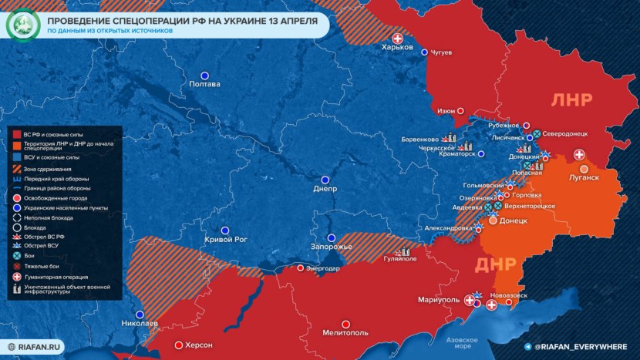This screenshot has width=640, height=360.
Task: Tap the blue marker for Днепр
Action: click(x=325, y=177)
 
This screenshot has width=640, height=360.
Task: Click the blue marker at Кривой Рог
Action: click(x=225, y=230)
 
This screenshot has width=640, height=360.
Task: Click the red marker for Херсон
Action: click(x=179, y=345)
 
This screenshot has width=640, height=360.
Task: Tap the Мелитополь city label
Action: click(x=345, y=333)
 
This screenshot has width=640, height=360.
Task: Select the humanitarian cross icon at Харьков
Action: click(x=398, y=38)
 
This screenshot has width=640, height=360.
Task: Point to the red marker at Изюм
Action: click(x=461, y=111)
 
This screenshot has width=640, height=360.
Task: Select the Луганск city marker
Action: click(x=584, y=169)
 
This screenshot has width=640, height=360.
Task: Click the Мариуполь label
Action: click(x=437, y=299)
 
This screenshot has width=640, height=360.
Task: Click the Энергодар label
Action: click(x=322, y=268)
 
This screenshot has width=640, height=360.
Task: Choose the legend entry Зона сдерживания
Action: click(x=47, y=168)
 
